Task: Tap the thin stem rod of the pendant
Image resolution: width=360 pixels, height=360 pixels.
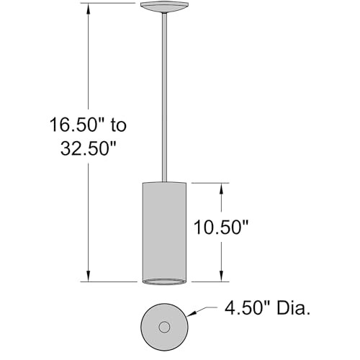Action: click(x=165, y=94)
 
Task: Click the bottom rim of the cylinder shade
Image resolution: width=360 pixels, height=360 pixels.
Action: click(x=165, y=279)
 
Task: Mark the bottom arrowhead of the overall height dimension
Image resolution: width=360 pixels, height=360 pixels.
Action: click(x=89, y=276)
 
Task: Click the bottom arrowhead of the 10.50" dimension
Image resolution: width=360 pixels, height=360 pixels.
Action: click(x=222, y=276)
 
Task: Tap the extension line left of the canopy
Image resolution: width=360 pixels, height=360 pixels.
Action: click(x=108, y=3)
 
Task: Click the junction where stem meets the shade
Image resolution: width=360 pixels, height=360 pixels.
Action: click(x=165, y=182)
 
